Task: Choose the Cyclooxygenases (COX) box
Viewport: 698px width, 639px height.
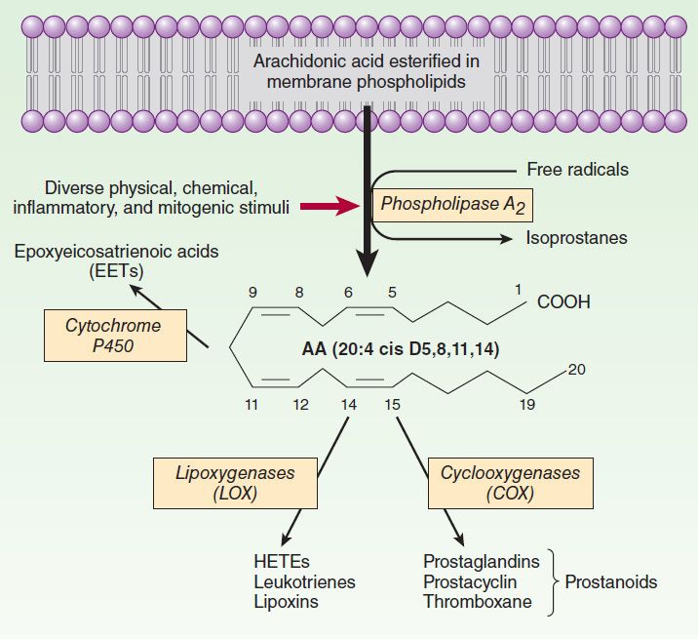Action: [509, 483]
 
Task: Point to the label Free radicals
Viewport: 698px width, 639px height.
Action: [577, 169]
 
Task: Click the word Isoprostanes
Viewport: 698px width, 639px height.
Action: [576, 238]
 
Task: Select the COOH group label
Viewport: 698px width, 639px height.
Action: [563, 302]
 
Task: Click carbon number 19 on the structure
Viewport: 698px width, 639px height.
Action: [526, 404]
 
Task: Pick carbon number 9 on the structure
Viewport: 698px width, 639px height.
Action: [252, 291]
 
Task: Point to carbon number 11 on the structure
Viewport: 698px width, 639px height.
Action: [252, 404]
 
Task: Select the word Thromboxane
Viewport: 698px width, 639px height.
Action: [478, 602]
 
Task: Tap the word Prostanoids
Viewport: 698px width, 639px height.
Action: [611, 582]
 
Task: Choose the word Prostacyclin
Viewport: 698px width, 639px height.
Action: [475, 582]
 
